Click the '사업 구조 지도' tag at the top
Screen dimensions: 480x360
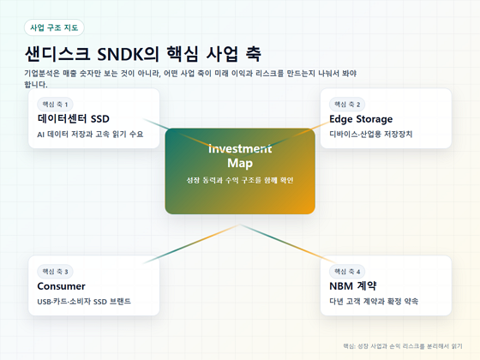(x=54, y=27)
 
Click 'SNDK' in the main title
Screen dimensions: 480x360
(x=120, y=54)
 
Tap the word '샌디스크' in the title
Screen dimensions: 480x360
(x=57, y=54)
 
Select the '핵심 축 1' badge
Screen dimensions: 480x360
(x=55, y=105)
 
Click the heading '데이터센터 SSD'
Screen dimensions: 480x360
(x=74, y=119)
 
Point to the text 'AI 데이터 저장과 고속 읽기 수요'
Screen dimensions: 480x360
(x=90, y=135)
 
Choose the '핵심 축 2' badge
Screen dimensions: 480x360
(x=347, y=105)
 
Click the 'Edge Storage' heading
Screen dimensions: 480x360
(x=361, y=119)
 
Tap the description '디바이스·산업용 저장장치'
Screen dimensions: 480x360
(x=370, y=135)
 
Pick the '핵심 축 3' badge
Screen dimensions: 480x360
(x=55, y=272)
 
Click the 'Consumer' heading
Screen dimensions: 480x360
(x=61, y=286)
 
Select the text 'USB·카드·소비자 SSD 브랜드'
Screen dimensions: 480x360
(x=84, y=302)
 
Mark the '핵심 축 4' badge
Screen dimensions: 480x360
(x=347, y=272)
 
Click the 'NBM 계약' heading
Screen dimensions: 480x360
(x=353, y=286)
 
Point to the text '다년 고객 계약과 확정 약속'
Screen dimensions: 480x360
(x=374, y=302)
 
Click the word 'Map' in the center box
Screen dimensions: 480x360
(x=240, y=163)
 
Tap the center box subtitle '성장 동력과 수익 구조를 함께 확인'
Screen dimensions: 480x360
(x=240, y=180)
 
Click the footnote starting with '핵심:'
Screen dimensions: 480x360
(x=403, y=346)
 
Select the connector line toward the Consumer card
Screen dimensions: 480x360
(x=191, y=244)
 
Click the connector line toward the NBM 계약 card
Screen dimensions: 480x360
(x=289, y=244)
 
